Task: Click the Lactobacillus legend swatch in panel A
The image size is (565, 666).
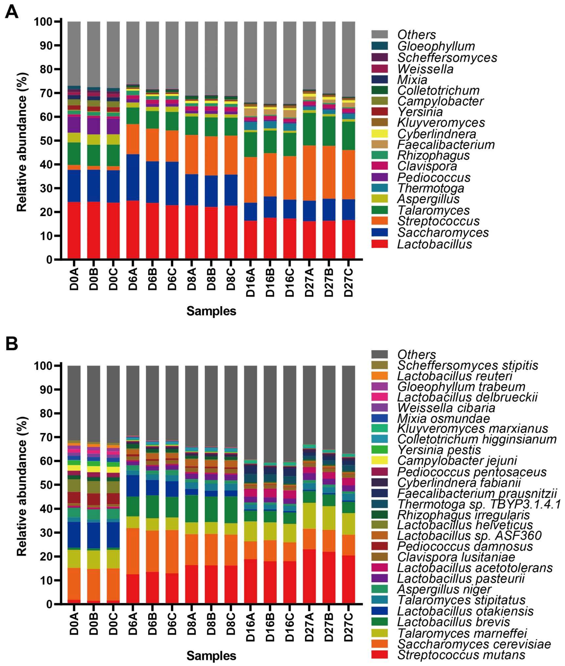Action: [x=380, y=244]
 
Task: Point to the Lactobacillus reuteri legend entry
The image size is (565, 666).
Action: [x=455, y=376]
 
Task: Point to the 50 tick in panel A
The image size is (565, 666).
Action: [x=46, y=141]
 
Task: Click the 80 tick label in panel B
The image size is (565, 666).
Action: [x=46, y=413]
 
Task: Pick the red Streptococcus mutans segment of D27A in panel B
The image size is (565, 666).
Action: [x=309, y=577]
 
